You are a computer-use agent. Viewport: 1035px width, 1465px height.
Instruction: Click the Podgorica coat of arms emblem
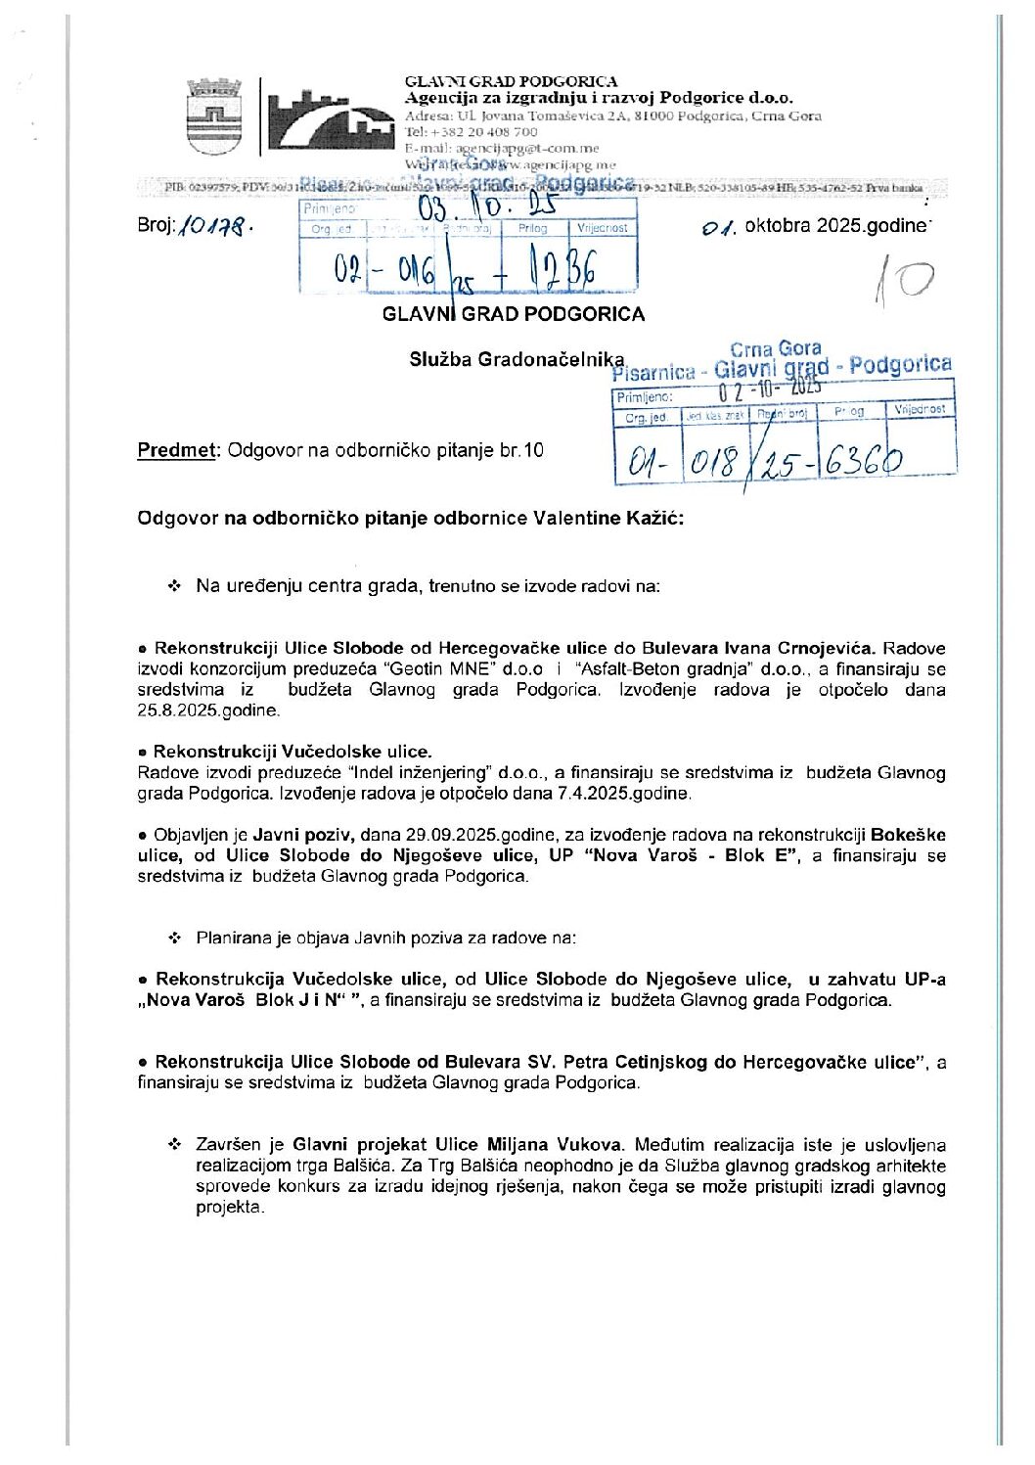206,116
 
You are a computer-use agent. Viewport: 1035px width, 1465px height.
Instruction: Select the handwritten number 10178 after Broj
216,226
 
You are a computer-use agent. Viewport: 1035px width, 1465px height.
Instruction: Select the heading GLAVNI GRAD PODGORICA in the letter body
513,314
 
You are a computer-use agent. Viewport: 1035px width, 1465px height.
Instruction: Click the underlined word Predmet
176,451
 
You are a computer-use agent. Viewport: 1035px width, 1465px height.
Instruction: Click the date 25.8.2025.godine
207,710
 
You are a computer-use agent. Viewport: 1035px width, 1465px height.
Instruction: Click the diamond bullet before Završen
175,1144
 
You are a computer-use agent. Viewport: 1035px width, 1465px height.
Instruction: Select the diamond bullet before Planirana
175,938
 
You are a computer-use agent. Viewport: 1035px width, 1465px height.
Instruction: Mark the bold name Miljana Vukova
568,1144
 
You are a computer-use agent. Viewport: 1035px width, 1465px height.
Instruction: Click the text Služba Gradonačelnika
516,359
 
